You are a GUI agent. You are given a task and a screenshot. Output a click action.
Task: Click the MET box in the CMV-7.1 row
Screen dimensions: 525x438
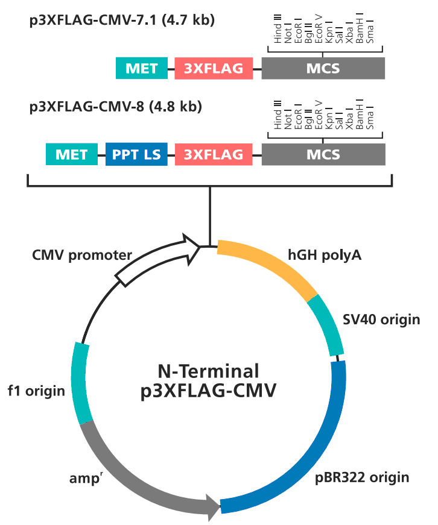click(141, 68)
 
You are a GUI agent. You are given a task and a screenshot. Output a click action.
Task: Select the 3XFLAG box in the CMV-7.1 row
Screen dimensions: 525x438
click(214, 68)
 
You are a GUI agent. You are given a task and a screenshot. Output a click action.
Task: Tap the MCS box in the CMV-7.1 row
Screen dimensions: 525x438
click(323, 68)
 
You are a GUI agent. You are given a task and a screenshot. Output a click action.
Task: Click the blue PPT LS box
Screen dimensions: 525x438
click(136, 155)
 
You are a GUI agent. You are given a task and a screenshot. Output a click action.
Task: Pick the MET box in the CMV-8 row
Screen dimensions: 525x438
click(72, 155)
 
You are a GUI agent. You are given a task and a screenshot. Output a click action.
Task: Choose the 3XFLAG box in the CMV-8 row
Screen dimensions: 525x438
click(214, 155)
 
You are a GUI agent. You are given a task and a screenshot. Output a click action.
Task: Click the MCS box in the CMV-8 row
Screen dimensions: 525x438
click(323, 155)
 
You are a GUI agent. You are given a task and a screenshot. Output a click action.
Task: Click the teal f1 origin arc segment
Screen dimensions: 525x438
click(81, 382)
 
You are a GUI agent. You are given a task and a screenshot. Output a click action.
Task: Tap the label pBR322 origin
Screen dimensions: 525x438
click(363, 478)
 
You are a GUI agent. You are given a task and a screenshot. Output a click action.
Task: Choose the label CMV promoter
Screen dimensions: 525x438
click(82, 255)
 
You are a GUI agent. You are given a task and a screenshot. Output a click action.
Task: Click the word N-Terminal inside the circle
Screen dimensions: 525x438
click(208, 370)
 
